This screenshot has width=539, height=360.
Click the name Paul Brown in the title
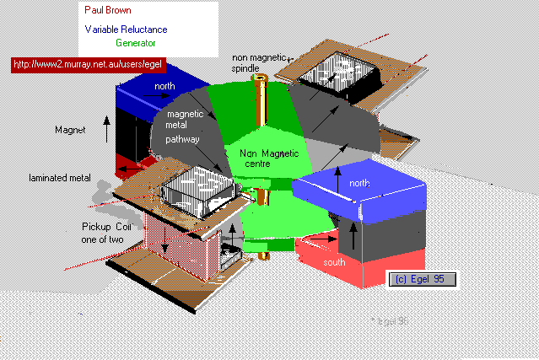tap(107, 10)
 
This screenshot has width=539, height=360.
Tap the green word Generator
tap(136, 42)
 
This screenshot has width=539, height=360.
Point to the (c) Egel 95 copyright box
tap(425, 279)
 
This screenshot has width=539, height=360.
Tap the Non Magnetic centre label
tap(263, 158)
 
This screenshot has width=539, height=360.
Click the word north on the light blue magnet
tap(359, 183)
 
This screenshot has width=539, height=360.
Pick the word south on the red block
tap(334, 263)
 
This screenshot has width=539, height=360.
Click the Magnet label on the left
tap(71, 131)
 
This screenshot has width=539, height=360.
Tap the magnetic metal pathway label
tap(186, 126)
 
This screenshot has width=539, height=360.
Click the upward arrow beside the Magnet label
tap(106, 128)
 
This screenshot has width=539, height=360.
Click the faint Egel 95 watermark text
tap(391, 321)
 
